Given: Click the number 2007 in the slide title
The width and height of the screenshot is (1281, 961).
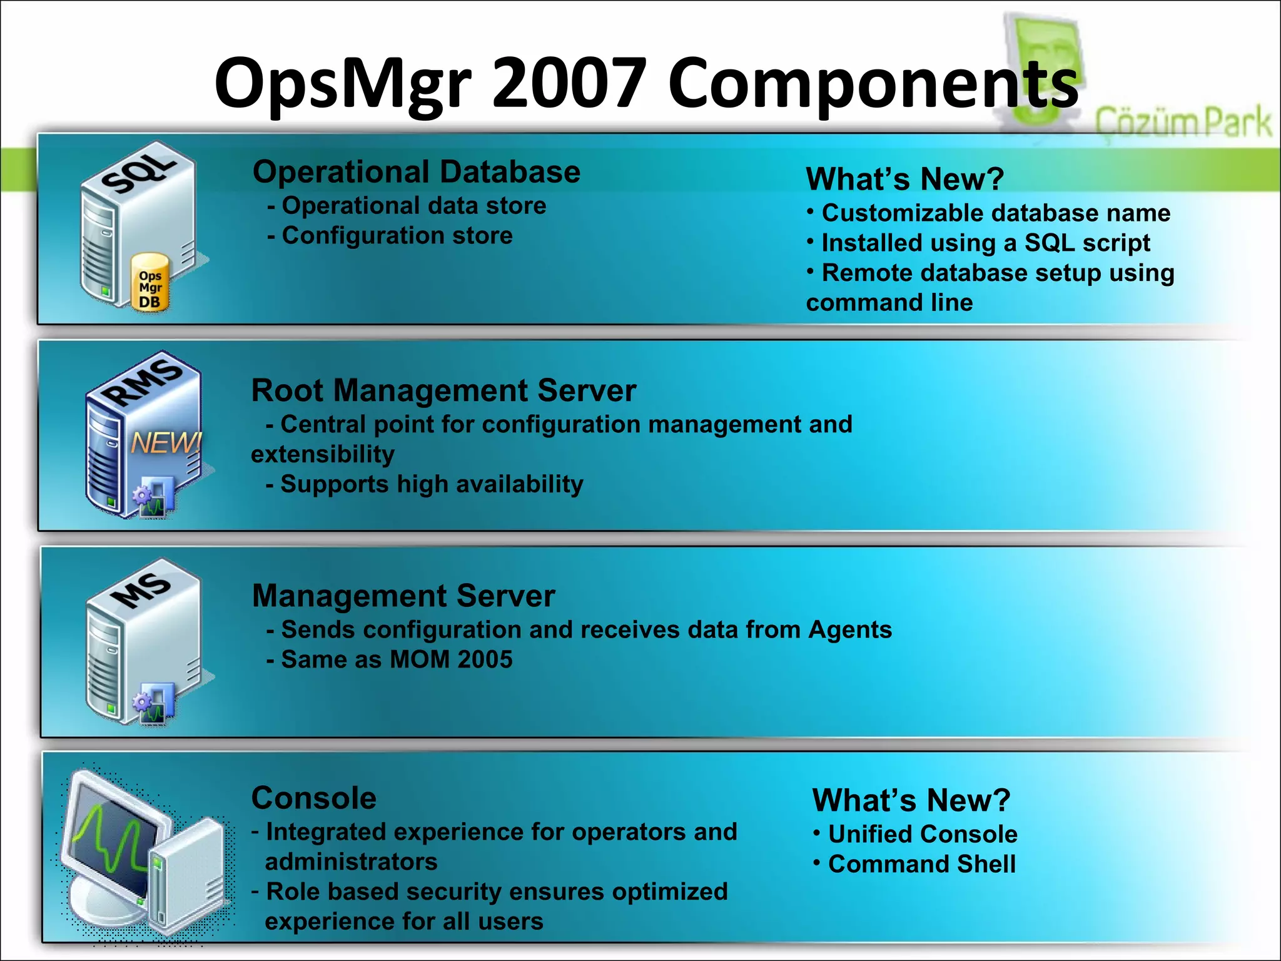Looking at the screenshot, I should [569, 83].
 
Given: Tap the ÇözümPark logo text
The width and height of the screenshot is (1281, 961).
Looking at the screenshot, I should [1183, 122].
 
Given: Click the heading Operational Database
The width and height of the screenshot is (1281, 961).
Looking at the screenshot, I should [417, 172].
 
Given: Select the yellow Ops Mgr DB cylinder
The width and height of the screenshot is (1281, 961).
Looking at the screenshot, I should [151, 283].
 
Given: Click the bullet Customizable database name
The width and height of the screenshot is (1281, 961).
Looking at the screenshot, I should [995, 213].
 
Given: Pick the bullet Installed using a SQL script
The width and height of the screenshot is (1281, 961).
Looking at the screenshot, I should [985, 243].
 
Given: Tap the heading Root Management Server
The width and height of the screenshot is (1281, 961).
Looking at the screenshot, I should [443, 390].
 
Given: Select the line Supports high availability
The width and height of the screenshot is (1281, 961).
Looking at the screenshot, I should [431, 484].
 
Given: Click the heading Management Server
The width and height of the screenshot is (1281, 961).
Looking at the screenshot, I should [403, 596].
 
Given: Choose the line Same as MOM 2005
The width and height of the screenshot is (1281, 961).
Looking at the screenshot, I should [396, 659].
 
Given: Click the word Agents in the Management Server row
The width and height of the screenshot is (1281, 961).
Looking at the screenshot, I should [850, 629].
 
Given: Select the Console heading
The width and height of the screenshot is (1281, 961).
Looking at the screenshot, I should [314, 798].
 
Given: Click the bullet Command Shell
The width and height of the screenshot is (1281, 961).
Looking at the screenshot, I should [921, 864].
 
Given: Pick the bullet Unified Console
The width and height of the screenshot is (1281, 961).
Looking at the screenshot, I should [923, 834].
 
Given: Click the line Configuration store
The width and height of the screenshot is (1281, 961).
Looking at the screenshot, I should [397, 236].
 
